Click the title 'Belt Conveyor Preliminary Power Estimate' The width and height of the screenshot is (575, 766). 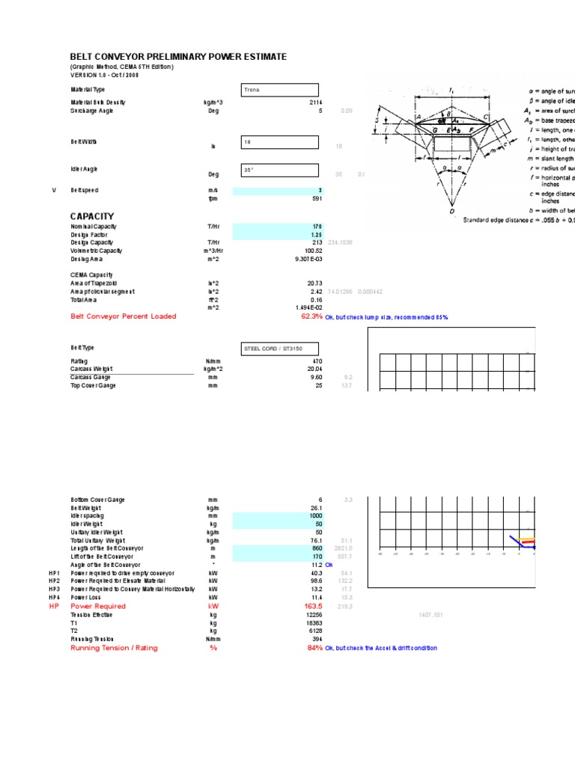pyautogui.click(x=178, y=57)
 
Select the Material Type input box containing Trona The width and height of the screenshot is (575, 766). pyautogui.click(x=279, y=90)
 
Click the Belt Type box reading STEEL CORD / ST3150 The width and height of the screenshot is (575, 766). pyautogui.click(x=279, y=349)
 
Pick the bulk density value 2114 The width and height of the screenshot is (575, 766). pyautogui.click(x=315, y=102)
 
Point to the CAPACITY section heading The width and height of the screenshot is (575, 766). pyautogui.click(x=92, y=216)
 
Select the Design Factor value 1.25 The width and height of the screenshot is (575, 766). pyautogui.click(x=315, y=234)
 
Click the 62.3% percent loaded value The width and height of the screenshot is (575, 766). pyautogui.click(x=311, y=316)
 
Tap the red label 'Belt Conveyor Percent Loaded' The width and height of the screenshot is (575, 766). pyautogui.click(x=124, y=316)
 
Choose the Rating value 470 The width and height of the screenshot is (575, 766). pyautogui.click(x=317, y=361)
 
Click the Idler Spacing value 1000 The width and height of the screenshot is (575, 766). pyautogui.click(x=314, y=516)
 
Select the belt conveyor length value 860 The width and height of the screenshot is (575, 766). pyautogui.click(x=317, y=548)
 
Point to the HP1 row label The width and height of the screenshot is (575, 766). pyautogui.click(x=54, y=573)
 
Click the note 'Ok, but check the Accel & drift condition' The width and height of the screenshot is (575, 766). pyautogui.click(x=381, y=648)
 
